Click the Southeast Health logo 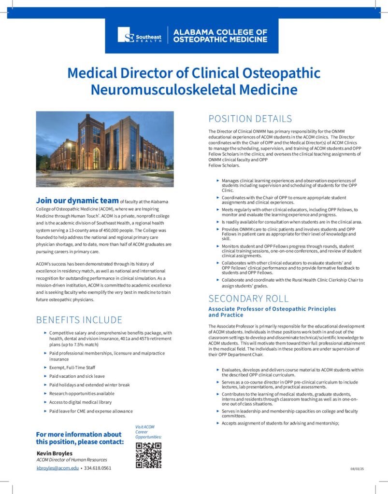coord(140,35)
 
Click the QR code coord(148,455)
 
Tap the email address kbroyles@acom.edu coord(57,468)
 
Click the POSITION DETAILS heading coord(250,119)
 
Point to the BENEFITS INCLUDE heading coord(79,320)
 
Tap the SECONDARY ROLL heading coord(248,298)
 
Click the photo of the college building coord(105,149)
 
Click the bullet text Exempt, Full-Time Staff coord(72,368)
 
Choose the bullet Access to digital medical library coord(81,402)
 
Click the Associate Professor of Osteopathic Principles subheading coord(272,309)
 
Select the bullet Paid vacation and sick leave coord(77,376)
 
